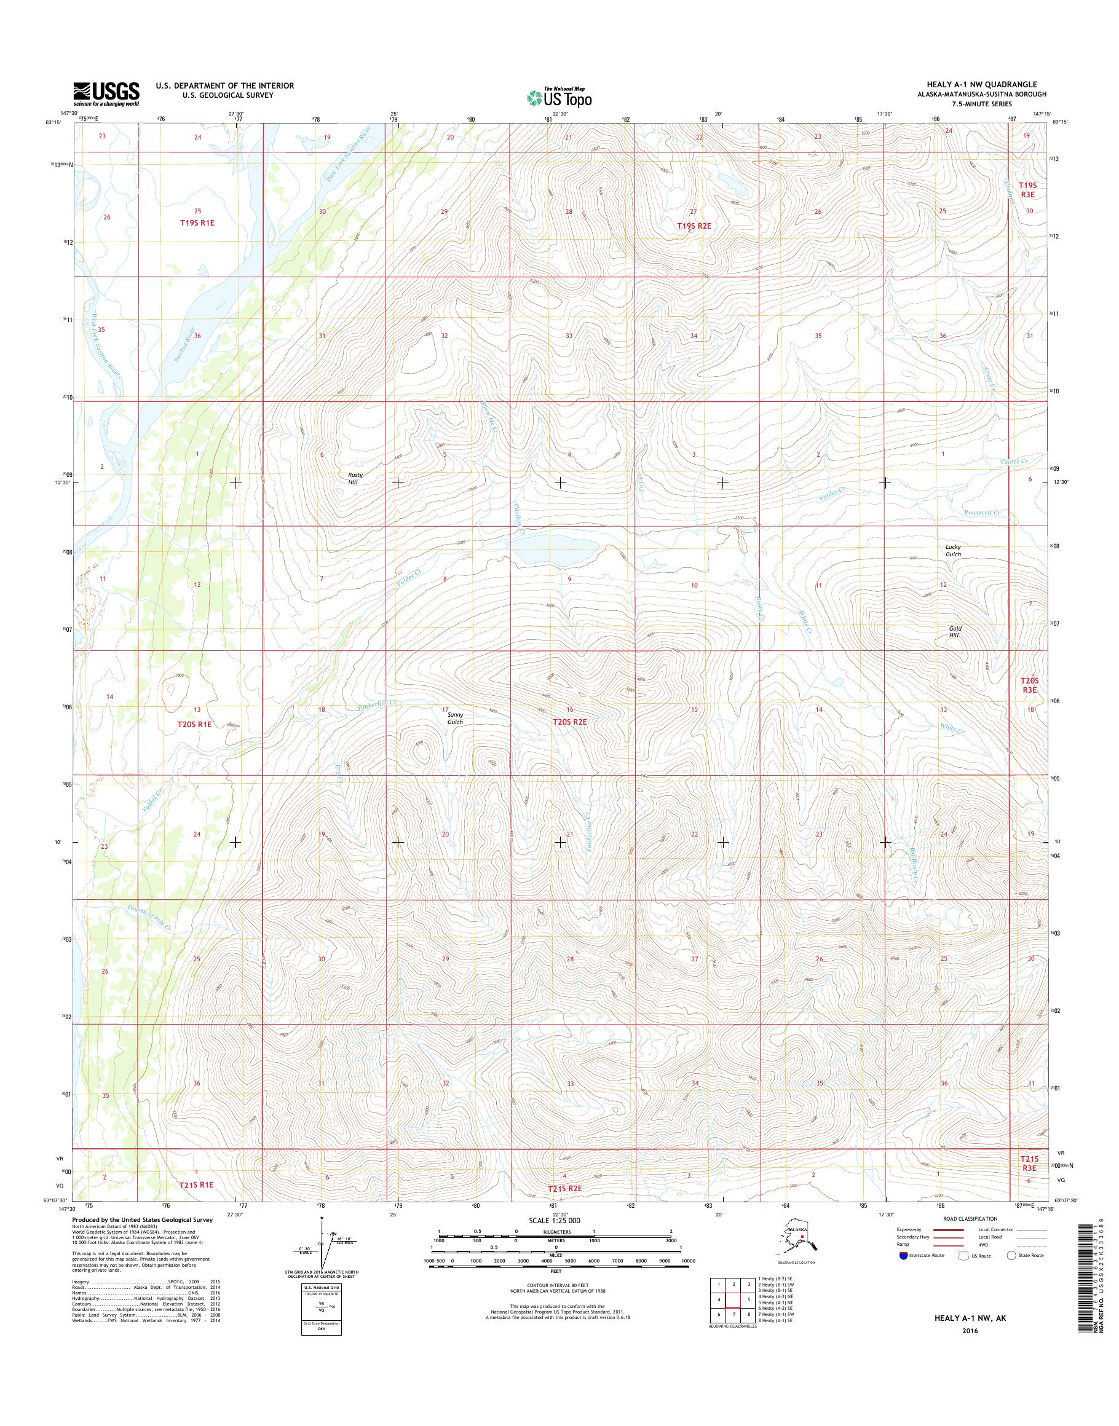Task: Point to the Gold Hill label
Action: [x=955, y=631]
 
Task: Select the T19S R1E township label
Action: [x=197, y=223]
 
